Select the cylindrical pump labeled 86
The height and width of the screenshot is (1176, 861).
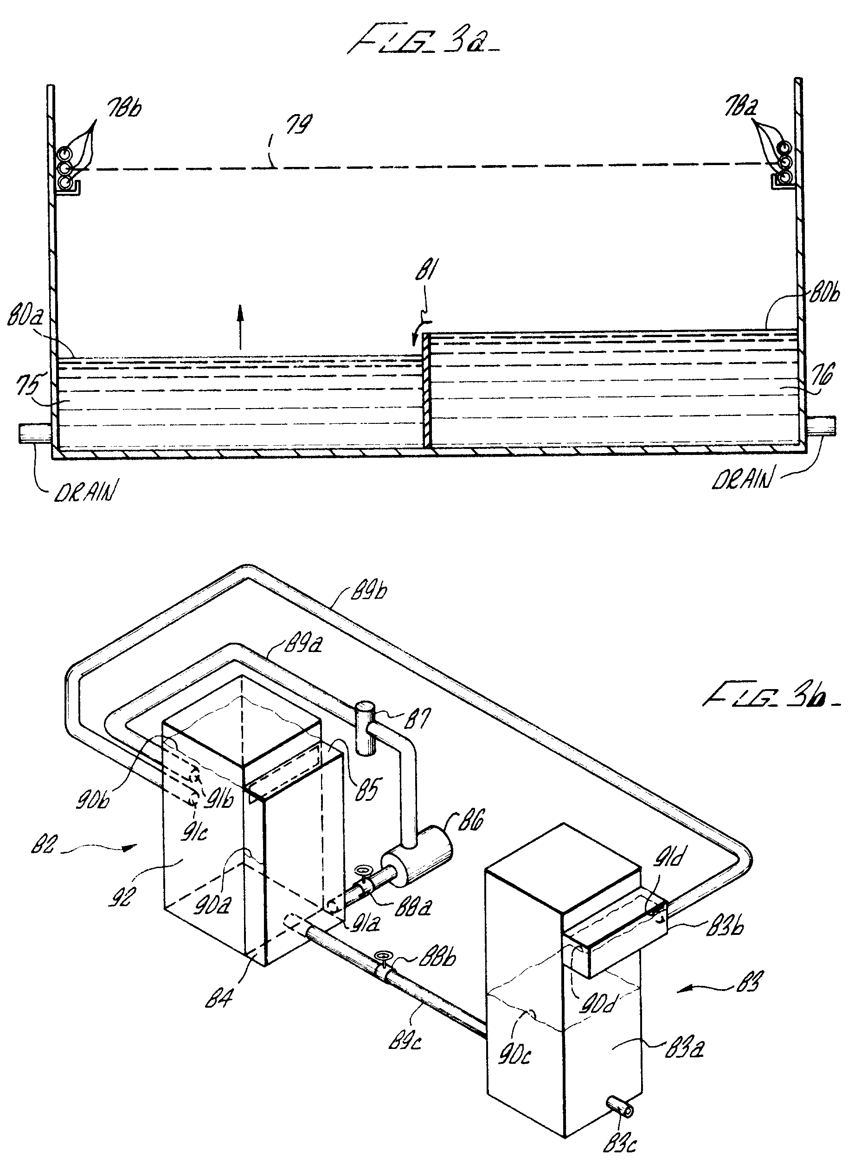[417, 863]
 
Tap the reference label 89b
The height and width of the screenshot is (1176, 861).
[368, 592]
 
